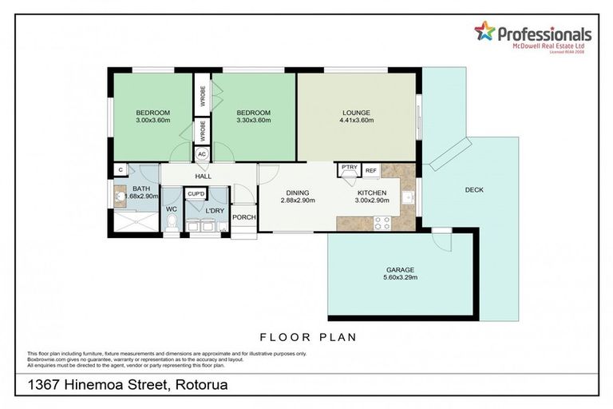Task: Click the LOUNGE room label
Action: pyautogui.click(x=355, y=113)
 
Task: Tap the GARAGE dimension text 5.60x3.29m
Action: pyautogui.click(x=401, y=277)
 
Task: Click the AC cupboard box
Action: pyautogui.click(x=202, y=154)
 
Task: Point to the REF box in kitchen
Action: pyautogui.click(x=371, y=170)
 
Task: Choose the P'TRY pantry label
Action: pyautogui.click(x=348, y=168)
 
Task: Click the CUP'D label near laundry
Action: pyautogui.click(x=195, y=194)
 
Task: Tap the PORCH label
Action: pyautogui.click(x=243, y=216)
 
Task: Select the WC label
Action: pyautogui.click(x=171, y=209)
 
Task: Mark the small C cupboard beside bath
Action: pyautogui.click(x=119, y=169)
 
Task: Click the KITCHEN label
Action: pyautogui.click(x=372, y=193)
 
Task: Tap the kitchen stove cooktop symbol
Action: pyautogui.click(x=381, y=223)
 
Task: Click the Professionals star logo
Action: pyautogui.click(x=484, y=32)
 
